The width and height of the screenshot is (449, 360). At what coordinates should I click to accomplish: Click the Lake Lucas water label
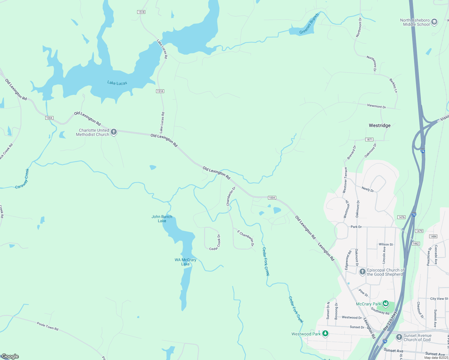click(x=117, y=83)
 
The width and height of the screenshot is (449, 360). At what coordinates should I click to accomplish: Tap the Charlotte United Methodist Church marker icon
click(x=114, y=132)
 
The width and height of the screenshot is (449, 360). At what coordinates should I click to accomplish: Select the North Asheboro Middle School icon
click(x=434, y=22)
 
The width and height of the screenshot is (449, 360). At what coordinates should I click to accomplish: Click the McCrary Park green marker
click(x=385, y=304)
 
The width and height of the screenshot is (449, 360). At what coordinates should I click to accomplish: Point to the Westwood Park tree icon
click(x=325, y=334)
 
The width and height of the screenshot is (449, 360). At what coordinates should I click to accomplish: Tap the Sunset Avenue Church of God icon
click(x=399, y=337)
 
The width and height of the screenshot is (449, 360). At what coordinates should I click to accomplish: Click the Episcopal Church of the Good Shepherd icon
click(x=362, y=272)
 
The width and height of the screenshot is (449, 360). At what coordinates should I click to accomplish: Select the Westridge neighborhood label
click(x=380, y=125)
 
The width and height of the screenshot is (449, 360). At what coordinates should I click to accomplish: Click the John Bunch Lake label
click(x=162, y=219)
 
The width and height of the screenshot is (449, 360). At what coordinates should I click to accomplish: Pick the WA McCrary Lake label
click(x=185, y=262)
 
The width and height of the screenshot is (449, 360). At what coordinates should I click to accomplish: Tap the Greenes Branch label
click(x=309, y=24)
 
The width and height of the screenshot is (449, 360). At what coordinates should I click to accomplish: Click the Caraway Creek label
click(x=23, y=179)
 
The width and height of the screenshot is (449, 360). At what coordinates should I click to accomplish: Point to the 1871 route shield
click(x=369, y=139)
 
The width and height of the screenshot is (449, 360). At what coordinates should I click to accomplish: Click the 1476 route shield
click(x=401, y=217)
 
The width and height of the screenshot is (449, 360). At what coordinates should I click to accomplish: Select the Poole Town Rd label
click(x=47, y=326)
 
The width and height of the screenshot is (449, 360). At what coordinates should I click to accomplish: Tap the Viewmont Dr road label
click(x=376, y=106)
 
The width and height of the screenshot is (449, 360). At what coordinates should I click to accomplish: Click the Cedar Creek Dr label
click(x=215, y=243)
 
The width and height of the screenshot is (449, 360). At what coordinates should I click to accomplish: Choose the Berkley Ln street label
click(x=393, y=85)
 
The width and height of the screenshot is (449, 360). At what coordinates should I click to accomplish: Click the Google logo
click(x=10, y=356)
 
